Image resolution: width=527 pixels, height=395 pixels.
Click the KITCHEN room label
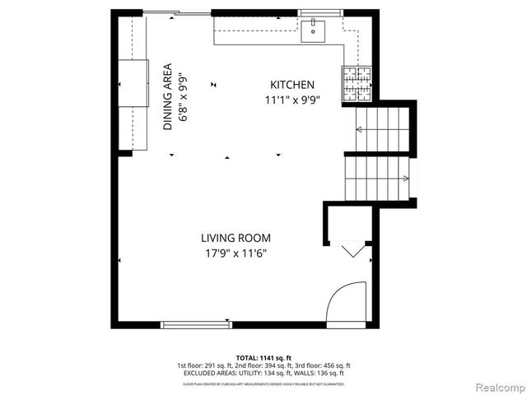point(292,85)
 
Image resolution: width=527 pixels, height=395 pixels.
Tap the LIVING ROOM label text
point(236,239)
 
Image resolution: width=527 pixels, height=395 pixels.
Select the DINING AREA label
point(168,96)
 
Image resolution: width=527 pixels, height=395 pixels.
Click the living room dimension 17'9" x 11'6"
point(236,253)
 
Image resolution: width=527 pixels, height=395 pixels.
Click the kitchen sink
point(313,31)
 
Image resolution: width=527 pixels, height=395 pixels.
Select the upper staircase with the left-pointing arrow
point(380,129)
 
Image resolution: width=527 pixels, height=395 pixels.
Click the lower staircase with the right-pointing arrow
point(377,179)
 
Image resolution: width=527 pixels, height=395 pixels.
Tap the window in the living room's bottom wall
point(194,325)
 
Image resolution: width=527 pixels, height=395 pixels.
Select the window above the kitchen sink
point(313,12)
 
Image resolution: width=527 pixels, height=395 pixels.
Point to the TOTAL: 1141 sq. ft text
point(263,358)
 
